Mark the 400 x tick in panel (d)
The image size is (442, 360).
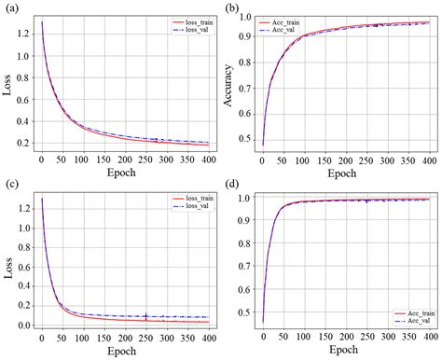(x=429, y=335)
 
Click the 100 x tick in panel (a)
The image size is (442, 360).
(x=82, y=159)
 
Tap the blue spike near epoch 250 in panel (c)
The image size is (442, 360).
(x=145, y=314)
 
